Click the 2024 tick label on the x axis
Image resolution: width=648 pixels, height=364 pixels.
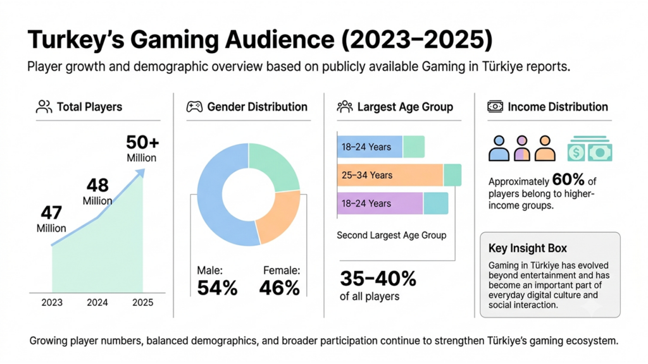pyautogui.click(x=97, y=303)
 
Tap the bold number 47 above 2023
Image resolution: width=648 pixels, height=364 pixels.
pyautogui.click(x=51, y=213)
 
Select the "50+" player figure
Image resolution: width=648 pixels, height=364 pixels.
pyautogui.click(x=142, y=142)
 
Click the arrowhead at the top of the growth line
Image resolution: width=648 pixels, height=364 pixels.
pyautogui.click(x=140, y=173)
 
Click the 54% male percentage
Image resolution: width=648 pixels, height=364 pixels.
pyautogui.click(x=218, y=288)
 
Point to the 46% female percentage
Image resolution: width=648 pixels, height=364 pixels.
pyautogui.click(x=279, y=288)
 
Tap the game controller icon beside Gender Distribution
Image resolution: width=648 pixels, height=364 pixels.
pyautogui.click(x=194, y=107)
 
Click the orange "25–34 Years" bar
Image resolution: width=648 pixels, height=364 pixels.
pyautogui.click(x=390, y=175)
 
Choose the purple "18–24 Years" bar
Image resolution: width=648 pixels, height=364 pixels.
pyautogui.click(x=380, y=203)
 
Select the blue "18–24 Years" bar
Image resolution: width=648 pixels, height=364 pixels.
pyautogui.click(x=370, y=147)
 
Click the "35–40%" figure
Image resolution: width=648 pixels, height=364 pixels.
pyautogui.click(x=378, y=279)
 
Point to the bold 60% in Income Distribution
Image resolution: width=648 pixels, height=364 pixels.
pyautogui.click(x=568, y=179)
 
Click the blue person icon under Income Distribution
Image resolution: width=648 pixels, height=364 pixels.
pyautogui.click(x=499, y=149)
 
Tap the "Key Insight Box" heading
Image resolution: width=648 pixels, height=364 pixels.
pyautogui.click(x=528, y=248)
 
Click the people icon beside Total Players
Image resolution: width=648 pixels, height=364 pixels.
pyautogui.click(x=44, y=107)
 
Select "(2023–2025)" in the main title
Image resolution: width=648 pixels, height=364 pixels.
pyautogui.click(x=417, y=40)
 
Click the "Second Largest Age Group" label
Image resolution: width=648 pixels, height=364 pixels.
pyautogui.click(x=391, y=235)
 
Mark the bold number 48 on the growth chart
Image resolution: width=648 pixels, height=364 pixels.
pyautogui.click(x=97, y=185)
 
